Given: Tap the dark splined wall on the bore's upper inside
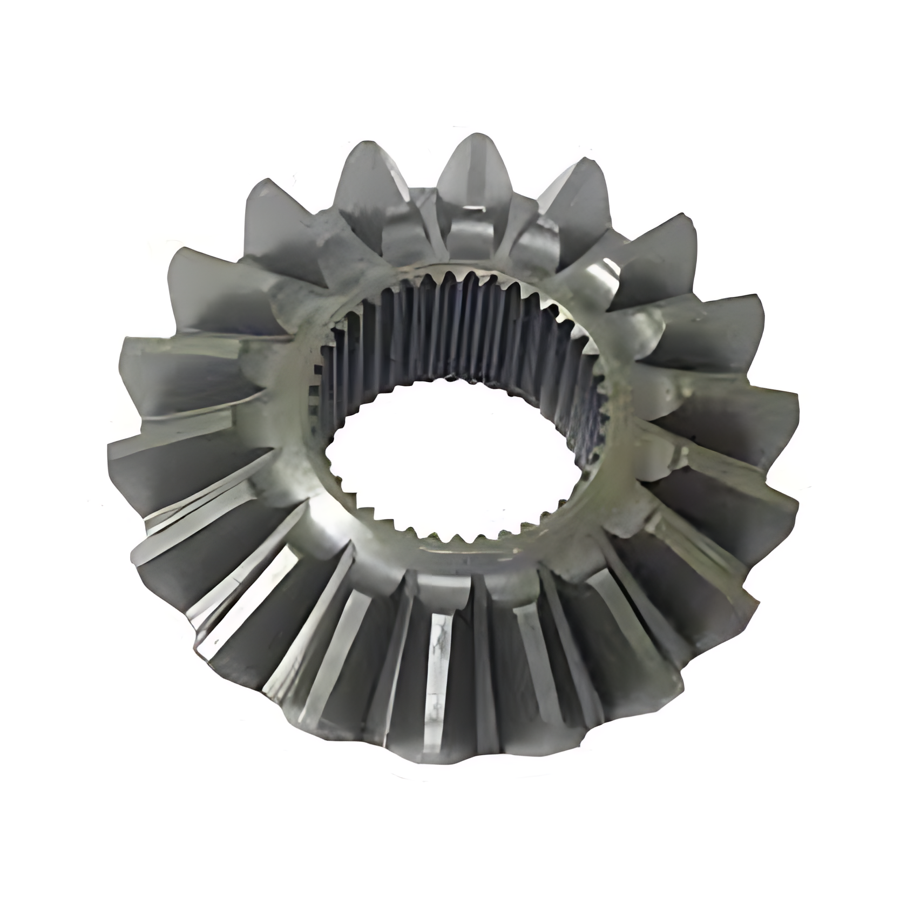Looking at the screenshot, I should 459,335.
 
